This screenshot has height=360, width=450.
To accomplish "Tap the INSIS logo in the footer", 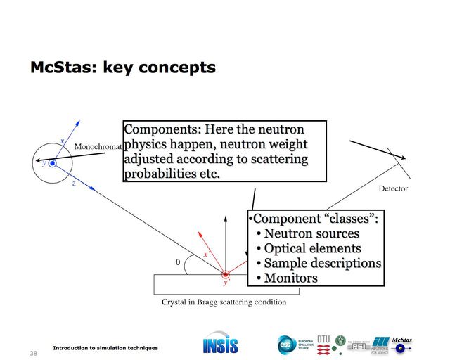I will tap(220, 345).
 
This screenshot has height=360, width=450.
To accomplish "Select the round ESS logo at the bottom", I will tap(285, 345).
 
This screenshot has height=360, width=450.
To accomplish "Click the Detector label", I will tap(393, 188).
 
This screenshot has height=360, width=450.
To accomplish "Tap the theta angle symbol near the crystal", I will tap(178, 262).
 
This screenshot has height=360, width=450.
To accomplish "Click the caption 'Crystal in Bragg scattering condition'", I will tap(224, 302).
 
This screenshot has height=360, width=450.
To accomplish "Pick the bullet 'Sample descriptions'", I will tap(322, 263).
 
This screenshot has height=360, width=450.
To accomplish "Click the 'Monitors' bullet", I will tap(290, 278).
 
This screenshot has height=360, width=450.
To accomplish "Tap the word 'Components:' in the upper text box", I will tap(161, 129).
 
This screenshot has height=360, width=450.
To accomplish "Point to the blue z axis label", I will tap(74, 181).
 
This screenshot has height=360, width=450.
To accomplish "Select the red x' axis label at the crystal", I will tap(207, 254).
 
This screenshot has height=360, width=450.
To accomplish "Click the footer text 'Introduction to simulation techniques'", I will tap(105, 348).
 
